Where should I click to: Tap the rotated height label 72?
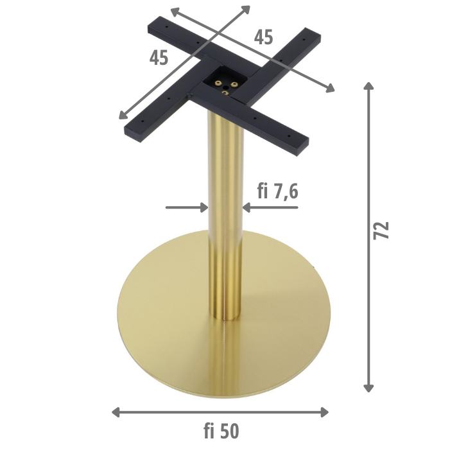click(x=381, y=230)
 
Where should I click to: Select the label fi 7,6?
click(x=277, y=191)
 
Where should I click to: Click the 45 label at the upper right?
click(x=263, y=37)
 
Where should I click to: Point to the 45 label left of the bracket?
click(x=159, y=58)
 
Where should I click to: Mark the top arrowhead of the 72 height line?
click(x=368, y=87)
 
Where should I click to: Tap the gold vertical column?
click(x=225, y=193)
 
